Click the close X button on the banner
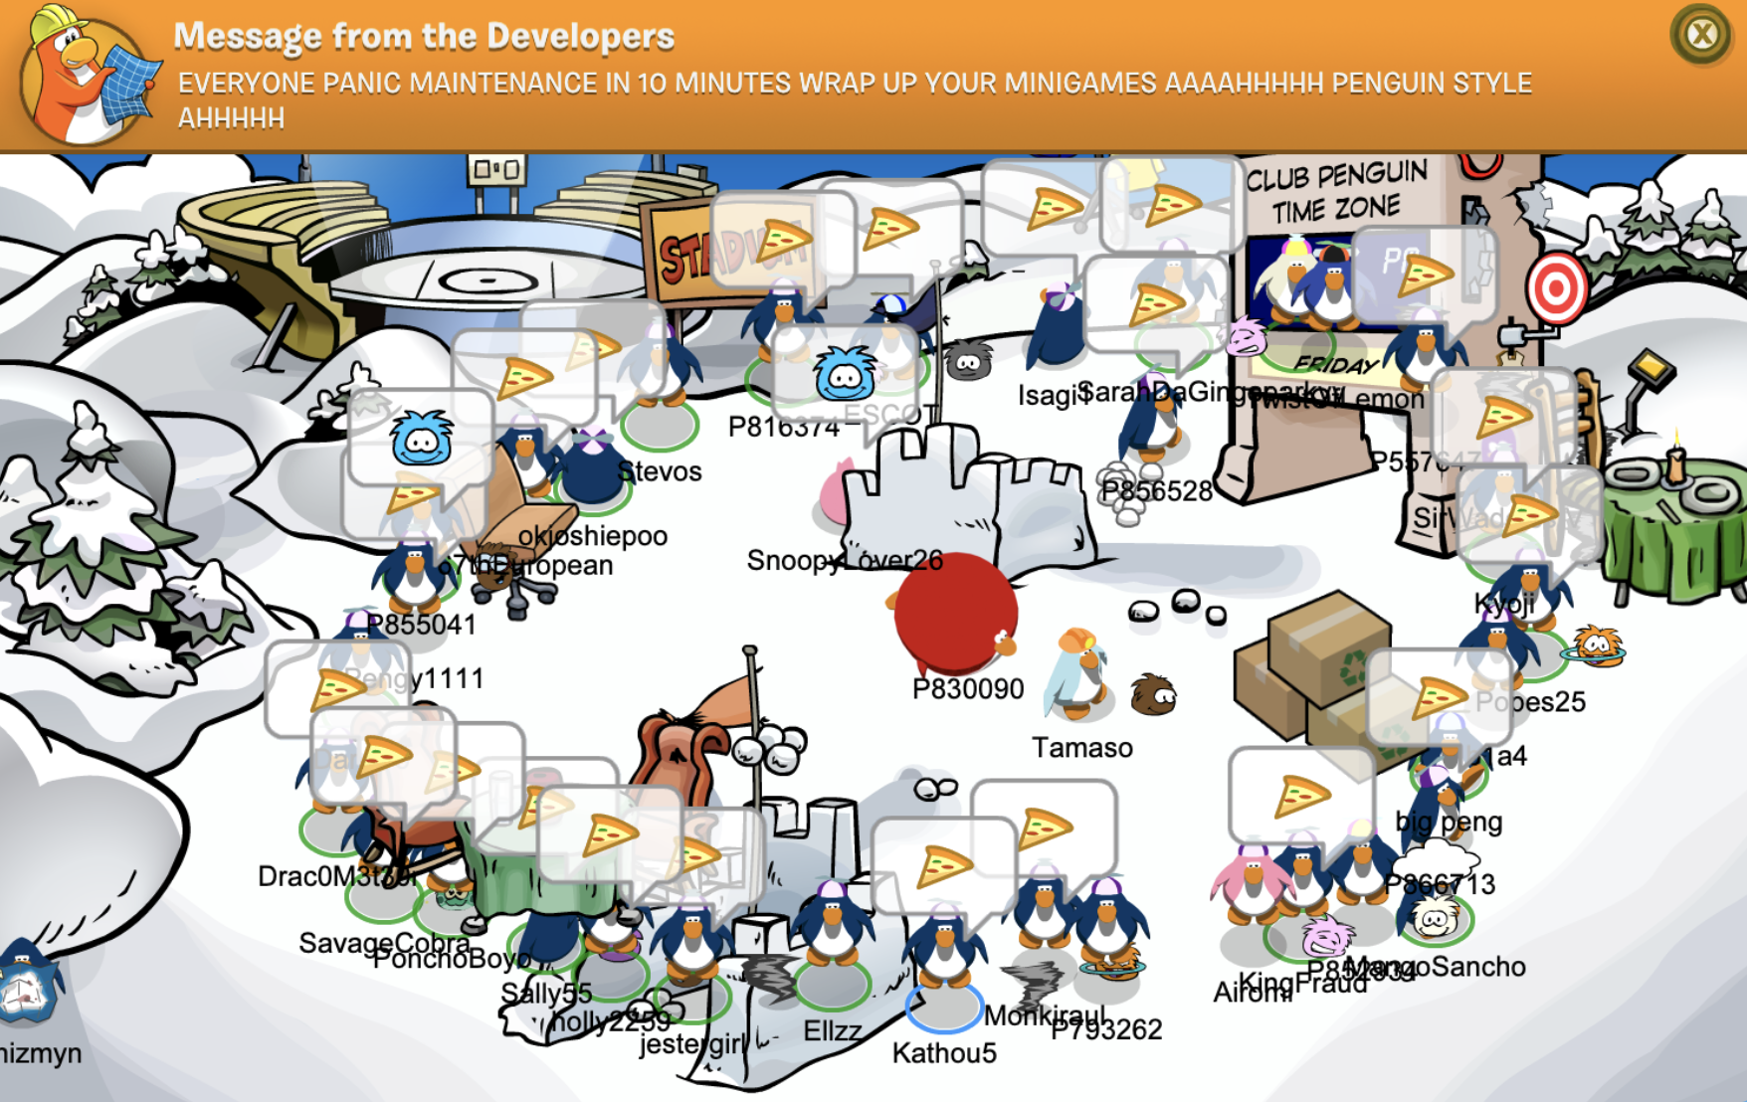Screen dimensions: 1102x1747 tap(1700, 35)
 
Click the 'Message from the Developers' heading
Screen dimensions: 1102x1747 tap(424, 36)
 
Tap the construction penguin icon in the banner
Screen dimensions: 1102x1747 tap(84, 75)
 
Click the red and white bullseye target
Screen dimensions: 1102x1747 tap(1556, 287)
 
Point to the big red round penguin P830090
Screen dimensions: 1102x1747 tap(954, 612)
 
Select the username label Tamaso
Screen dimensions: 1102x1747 tap(1081, 748)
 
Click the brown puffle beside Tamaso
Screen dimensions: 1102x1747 tap(1154, 693)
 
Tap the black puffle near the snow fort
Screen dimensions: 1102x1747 tap(968, 361)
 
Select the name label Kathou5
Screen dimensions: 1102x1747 tap(943, 1053)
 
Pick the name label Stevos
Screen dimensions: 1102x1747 tap(660, 471)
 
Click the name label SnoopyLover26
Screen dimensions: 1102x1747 tap(844, 561)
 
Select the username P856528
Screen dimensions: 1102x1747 tap(1156, 490)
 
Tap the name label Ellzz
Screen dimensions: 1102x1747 tap(832, 1030)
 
